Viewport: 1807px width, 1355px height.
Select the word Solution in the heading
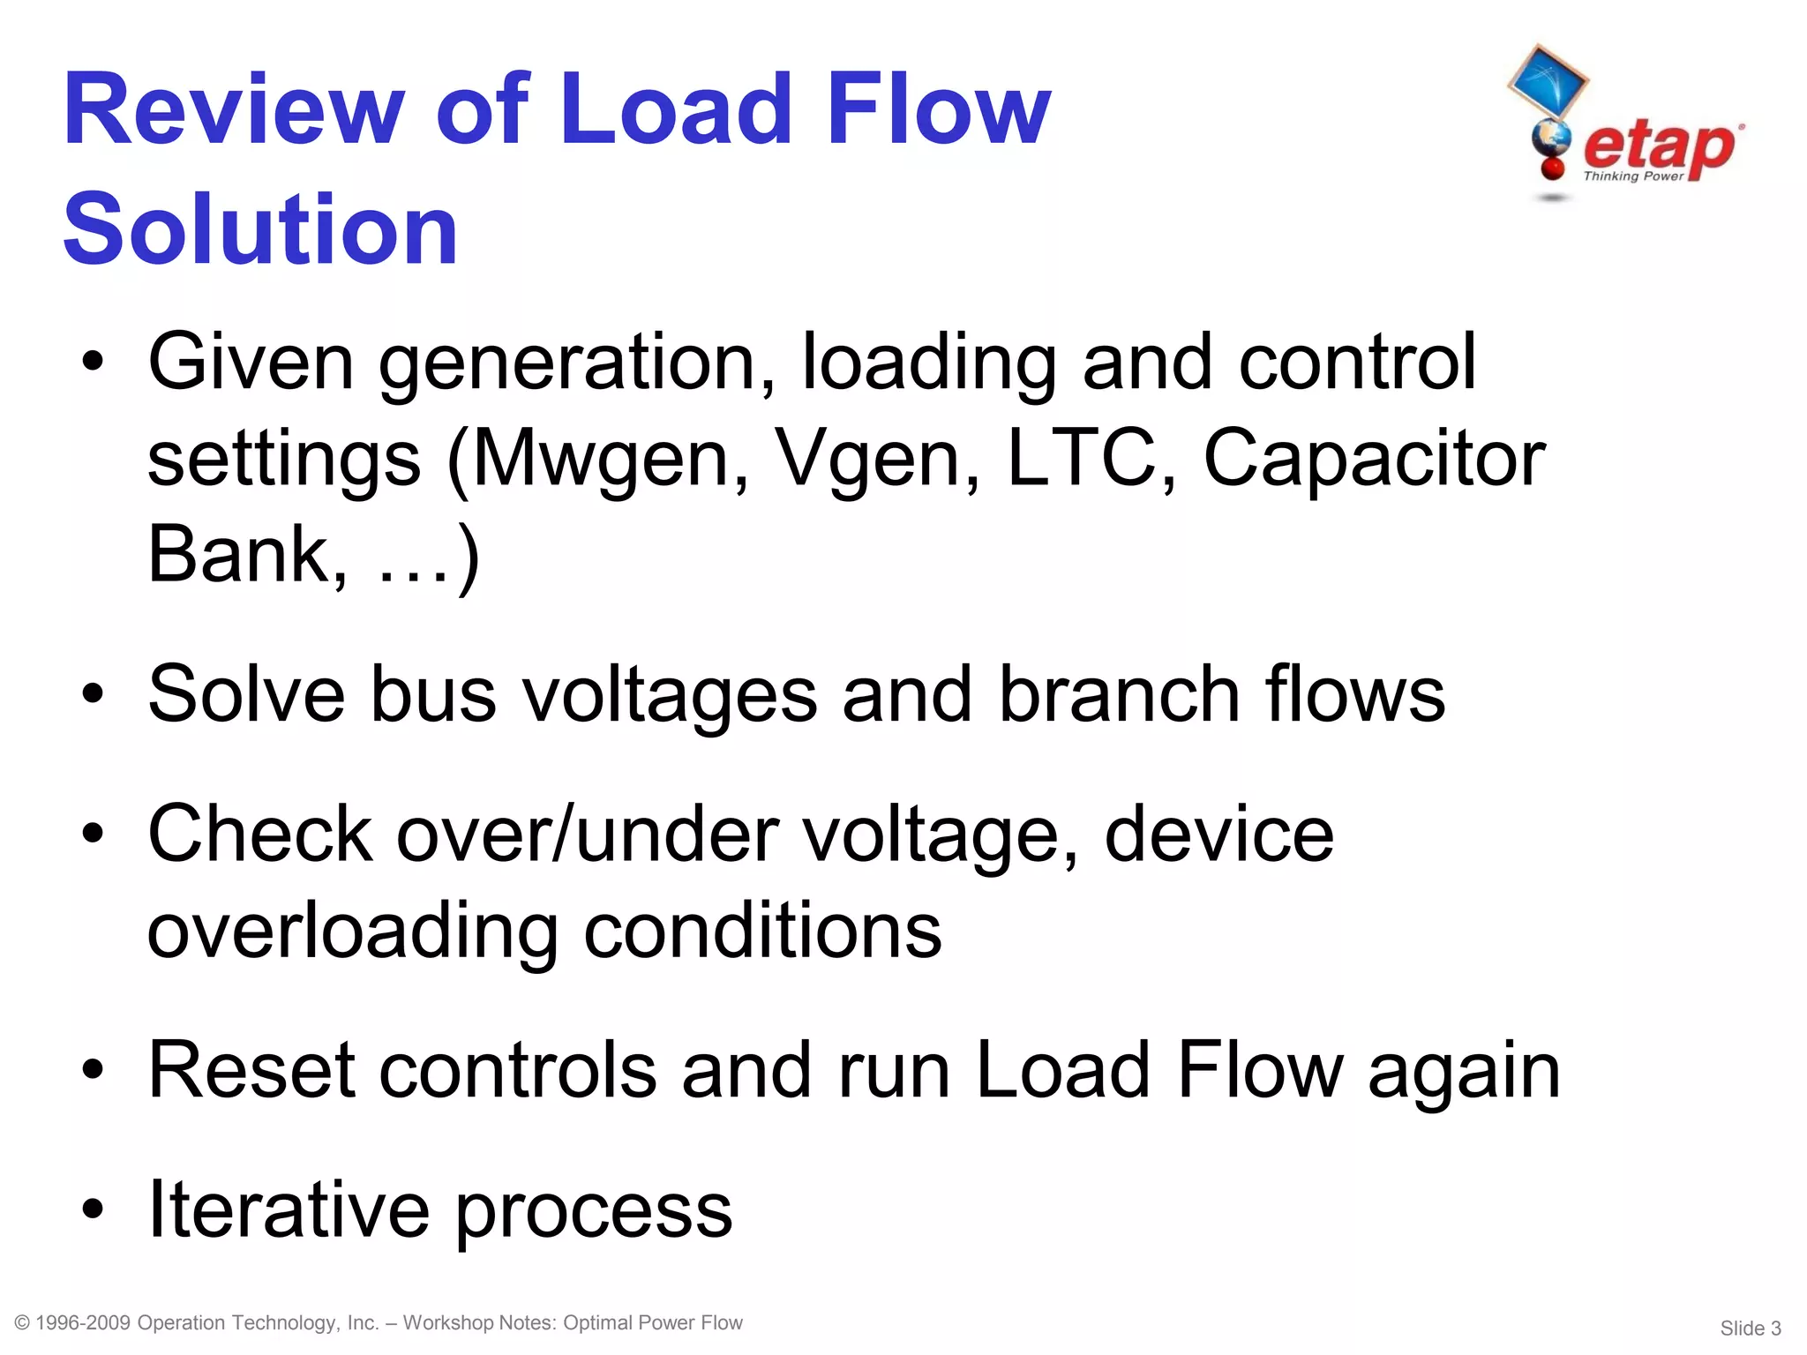[260, 229]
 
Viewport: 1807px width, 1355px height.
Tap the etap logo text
[1659, 146]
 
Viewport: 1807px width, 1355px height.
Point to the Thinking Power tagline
[1633, 176]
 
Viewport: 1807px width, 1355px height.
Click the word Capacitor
[1374, 459]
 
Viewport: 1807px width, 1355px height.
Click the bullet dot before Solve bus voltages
[93, 694]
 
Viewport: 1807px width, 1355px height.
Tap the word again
[1465, 1071]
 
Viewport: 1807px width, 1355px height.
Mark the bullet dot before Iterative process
[93, 1209]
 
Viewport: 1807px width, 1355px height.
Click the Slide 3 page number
[1751, 1328]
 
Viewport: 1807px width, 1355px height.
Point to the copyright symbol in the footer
[23, 1322]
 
